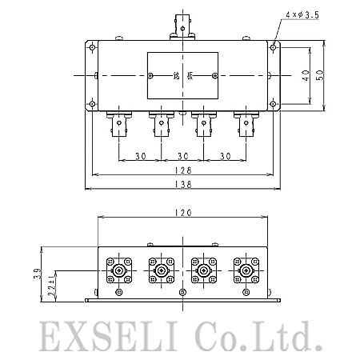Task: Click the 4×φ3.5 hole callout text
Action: click(302, 15)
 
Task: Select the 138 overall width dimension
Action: click(183, 184)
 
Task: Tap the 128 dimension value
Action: click(183, 170)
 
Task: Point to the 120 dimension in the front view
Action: click(183, 213)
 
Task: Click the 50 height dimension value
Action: click(320, 75)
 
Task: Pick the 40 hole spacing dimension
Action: click(306, 75)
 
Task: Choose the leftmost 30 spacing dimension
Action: click(141, 156)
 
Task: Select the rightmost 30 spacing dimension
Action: click(226, 156)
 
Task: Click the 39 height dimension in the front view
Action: click(38, 274)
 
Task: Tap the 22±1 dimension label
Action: click(52, 286)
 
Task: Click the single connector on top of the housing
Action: click(182, 27)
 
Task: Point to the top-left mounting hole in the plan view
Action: click(92, 48)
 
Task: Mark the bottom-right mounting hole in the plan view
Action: click(273, 104)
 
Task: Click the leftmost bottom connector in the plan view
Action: click(119, 124)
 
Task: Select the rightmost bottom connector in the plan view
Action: click(246, 124)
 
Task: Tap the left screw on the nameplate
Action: click(150, 76)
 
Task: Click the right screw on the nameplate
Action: click(215, 76)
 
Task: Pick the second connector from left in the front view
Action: click(162, 270)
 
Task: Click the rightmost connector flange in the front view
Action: click(246, 270)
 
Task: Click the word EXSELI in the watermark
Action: click(109, 336)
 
